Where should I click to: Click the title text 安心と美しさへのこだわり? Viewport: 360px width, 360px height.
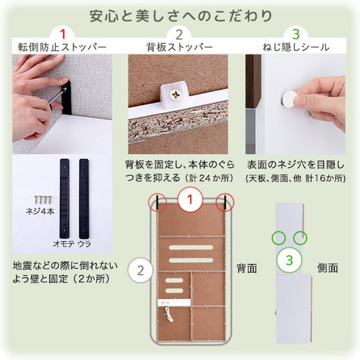point(180,14)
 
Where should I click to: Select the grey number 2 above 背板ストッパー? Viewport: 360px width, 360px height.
point(178,34)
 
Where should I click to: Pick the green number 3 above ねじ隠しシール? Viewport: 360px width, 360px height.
point(295,34)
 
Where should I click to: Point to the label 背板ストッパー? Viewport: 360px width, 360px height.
point(178,47)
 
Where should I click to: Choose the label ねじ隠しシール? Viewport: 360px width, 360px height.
point(296,47)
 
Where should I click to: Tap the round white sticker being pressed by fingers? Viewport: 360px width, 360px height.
point(290,98)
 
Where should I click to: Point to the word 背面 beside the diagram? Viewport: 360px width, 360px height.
point(246,268)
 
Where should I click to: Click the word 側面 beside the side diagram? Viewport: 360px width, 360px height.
point(327,268)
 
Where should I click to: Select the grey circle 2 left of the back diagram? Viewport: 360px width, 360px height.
point(140,269)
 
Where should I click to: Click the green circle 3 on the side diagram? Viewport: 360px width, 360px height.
point(289,260)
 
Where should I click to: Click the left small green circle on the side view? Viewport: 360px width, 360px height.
point(278,237)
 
